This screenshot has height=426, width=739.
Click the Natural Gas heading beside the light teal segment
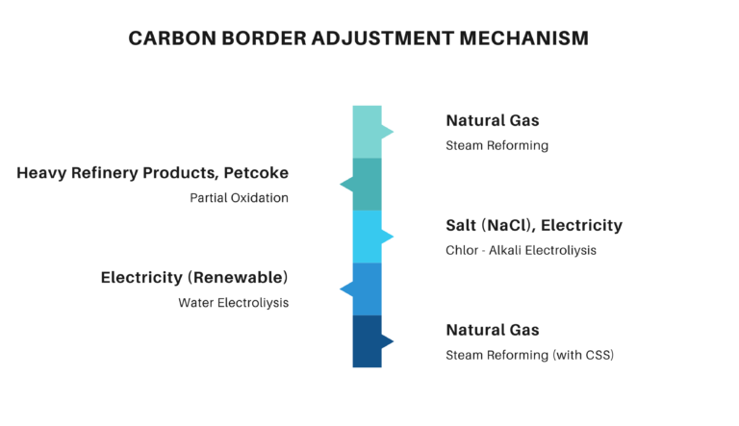click(x=493, y=121)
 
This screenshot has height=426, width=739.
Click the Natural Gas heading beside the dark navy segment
click(x=493, y=330)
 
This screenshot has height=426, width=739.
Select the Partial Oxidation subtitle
click(x=239, y=198)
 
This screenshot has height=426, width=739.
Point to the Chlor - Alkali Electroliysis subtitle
click(x=521, y=251)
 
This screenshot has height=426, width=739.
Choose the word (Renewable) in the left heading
click(x=239, y=278)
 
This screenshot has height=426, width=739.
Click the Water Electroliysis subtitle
click(x=233, y=303)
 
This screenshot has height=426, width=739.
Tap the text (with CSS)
click(x=583, y=355)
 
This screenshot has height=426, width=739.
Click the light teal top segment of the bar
click(x=367, y=132)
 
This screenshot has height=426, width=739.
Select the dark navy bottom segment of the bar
click(x=367, y=341)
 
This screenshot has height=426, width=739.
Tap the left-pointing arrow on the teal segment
click(x=345, y=184)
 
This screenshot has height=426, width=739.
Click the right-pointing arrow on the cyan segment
click(x=388, y=237)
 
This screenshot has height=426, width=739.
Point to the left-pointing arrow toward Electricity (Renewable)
click(x=345, y=288)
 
